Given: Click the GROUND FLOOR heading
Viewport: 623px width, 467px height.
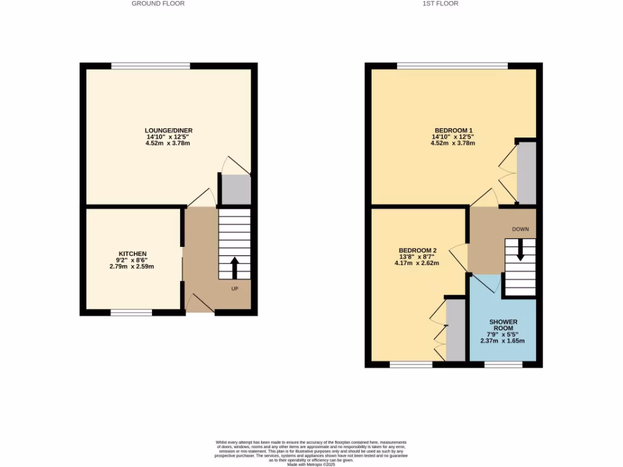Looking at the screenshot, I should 158,4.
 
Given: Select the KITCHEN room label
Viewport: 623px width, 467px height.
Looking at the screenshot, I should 132,254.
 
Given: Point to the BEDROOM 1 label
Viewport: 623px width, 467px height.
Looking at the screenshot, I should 453,130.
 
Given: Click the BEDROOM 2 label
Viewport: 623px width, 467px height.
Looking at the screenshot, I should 417,251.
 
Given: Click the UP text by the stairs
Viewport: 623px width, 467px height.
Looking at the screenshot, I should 234,288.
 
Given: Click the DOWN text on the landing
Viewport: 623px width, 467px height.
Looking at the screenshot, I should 520,229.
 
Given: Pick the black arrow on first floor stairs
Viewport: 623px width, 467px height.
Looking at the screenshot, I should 520,249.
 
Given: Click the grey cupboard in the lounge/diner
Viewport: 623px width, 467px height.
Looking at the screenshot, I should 236,190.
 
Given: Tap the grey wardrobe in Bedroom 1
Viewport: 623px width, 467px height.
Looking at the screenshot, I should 526,173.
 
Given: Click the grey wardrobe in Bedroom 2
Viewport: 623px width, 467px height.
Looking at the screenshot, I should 455,330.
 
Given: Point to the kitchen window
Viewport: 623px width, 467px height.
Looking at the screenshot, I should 131,313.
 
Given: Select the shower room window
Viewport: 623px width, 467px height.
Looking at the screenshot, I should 503,365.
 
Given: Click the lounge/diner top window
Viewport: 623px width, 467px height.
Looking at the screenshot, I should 151,66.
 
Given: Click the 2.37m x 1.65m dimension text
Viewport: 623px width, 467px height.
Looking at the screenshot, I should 502,341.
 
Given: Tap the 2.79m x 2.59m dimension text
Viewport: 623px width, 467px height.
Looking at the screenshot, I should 132,266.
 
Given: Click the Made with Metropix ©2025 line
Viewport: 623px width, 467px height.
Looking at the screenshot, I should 311,464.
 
